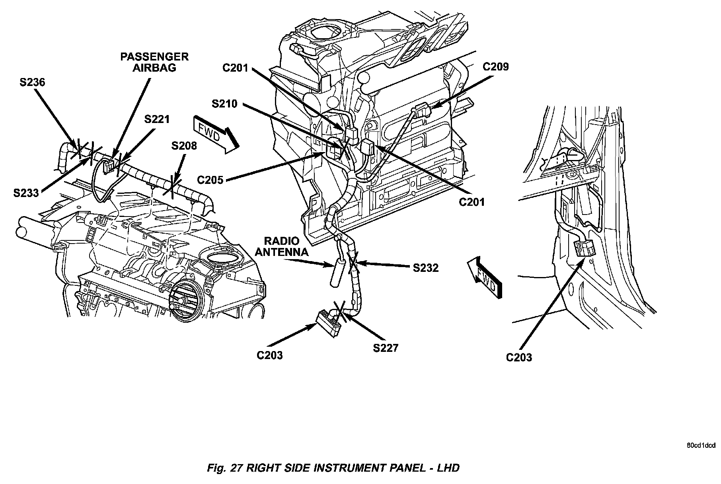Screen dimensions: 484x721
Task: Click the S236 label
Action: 33,82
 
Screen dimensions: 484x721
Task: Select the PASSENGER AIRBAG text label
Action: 154,62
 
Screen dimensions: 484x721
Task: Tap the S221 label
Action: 157,119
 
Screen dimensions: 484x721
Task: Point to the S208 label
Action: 184,146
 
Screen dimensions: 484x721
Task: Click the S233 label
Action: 26,193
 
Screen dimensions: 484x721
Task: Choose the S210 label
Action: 224,104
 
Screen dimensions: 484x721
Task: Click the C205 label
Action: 210,180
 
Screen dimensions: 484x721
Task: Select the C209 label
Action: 495,66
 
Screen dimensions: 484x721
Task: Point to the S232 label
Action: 425,268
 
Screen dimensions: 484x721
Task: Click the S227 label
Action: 385,348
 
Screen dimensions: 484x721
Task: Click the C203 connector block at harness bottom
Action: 329,322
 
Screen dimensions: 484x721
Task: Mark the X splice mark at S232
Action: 353,263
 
